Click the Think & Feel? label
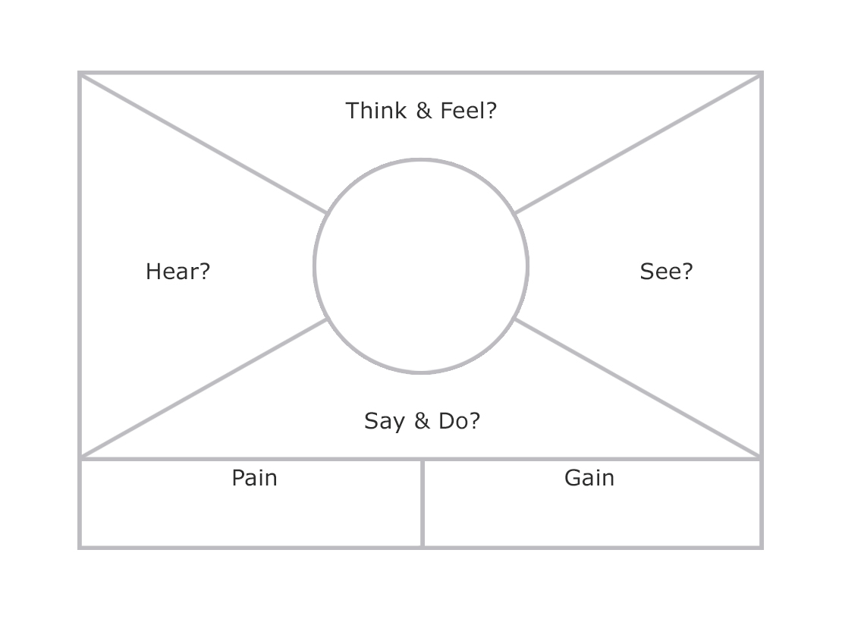pos(421,111)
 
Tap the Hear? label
pos(178,272)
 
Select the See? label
pos(666,272)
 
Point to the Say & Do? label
pos(422,421)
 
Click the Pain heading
pos(254,478)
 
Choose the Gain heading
pos(589,478)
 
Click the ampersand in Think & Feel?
pos(423,111)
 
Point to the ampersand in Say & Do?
pos(422,421)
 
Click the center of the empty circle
pos(421,266)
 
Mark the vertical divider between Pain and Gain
pos(423,504)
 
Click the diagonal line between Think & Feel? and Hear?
pos(203,143)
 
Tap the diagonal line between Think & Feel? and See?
pos(637,144)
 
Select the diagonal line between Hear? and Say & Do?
pos(203,388)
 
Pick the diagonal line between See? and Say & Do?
pos(637,388)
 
